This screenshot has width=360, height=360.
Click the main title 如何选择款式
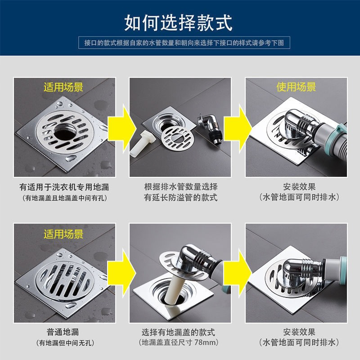pyautogui.click(x=178, y=23)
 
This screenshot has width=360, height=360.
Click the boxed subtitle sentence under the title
pyautogui.click(x=184, y=43)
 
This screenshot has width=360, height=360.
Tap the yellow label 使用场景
pyautogui.click(x=296, y=87)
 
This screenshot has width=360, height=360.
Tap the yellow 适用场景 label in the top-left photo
pyautogui.click(x=63, y=87)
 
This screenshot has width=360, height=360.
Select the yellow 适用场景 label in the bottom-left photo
pyautogui.click(x=63, y=234)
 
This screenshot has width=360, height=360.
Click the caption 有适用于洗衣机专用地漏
pyautogui.click(x=64, y=187)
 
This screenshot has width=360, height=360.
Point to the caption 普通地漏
pyautogui.click(x=63, y=332)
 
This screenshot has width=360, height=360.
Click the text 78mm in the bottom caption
pyautogui.click(x=205, y=342)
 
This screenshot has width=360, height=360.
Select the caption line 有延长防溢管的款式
pyautogui.click(x=180, y=198)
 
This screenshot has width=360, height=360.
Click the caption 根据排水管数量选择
pyautogui.click(x=181, y=187)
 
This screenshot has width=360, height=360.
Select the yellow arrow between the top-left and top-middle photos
pyautogui.click(x=121, y=128)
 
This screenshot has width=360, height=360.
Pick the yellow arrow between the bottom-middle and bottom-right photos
pyautogui.click(x=238, y=273)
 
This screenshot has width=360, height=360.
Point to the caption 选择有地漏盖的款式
pyautogui.click(x=178, y=332)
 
